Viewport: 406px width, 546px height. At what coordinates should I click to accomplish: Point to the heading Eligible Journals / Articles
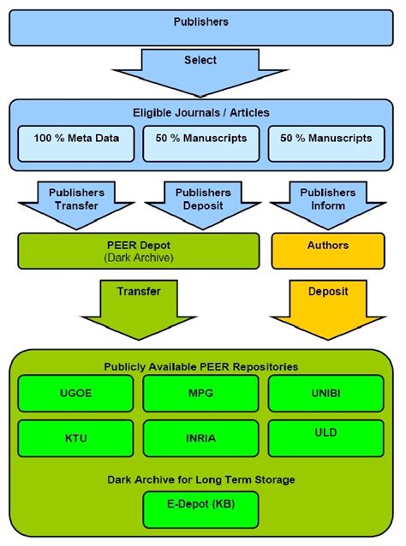point(201,113)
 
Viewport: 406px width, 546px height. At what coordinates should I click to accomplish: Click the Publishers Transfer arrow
point(76,200)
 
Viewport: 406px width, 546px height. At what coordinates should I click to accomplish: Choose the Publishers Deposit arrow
point(201,200)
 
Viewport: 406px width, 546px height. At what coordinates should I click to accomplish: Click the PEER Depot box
point(138,250)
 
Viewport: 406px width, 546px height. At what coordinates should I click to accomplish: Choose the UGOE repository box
point(76,393)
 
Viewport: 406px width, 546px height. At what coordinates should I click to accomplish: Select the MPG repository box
point(201,393)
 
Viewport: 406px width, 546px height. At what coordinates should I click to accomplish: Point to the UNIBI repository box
point(326,393)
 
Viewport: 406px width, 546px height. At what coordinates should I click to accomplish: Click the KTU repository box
point(76,437)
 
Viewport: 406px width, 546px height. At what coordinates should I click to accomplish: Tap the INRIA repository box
point(201,438)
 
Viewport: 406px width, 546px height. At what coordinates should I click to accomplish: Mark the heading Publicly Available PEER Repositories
point(201,366)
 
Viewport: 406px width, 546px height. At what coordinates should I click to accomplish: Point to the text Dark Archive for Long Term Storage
point(201,480)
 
